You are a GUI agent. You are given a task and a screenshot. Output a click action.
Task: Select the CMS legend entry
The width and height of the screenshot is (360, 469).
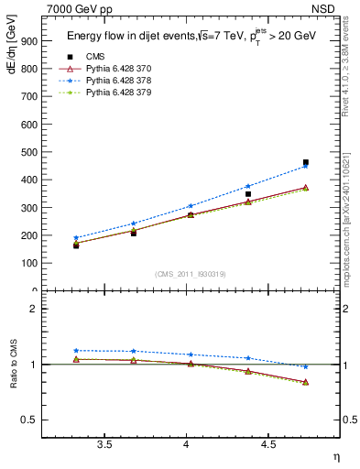pyautogui.click(x=96, y=57)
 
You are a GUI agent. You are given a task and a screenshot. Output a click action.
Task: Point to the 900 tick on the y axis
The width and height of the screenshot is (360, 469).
pyautogui.click(x=29, y=41)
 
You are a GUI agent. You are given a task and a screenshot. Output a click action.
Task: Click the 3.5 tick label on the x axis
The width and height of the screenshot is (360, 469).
pyautogui.click(x=105, y=445)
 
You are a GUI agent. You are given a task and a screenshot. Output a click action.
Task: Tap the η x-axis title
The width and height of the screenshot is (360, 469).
pyautogui.click(x=335, y=457)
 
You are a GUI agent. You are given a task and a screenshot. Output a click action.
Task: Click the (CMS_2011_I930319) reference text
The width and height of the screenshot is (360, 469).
pyautogui.click(x=191, y=274)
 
